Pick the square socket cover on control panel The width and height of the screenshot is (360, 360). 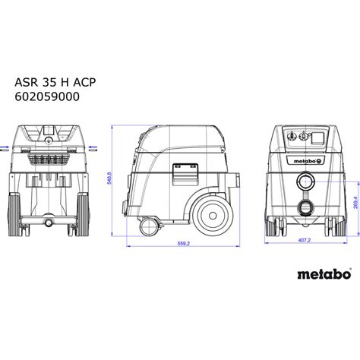(314, 139)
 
